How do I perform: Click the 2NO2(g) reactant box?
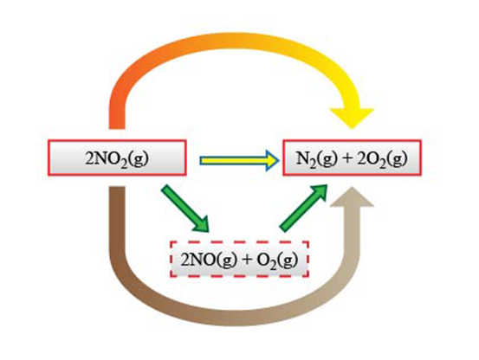click(117, 157)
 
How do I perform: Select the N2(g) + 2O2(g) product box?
click(353, 157)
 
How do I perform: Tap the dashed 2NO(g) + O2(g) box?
click(239, 260)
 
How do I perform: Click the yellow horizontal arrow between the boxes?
click(239, 160)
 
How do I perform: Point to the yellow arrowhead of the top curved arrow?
click(352, 119)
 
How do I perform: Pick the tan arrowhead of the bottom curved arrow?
click(353, 196)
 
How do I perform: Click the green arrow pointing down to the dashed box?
click(185, 209)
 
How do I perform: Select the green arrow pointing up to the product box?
click(303, 208)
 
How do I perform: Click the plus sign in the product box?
click(347, 158)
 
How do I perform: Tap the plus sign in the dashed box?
click(247, 260)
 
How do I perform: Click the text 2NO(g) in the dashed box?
click(209, 260)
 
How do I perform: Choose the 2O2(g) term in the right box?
click(382, 159)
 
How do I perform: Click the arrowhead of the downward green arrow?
click(201, 224)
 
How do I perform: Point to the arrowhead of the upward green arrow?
click(320, 192)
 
